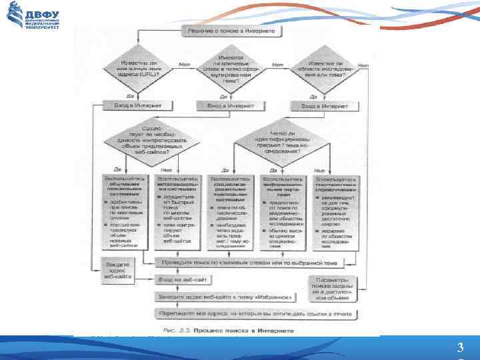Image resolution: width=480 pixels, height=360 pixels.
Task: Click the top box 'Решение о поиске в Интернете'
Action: coord(231,31)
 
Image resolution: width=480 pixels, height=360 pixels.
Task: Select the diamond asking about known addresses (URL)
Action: coord(138,69)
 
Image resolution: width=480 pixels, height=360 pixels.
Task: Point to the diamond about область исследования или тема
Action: coord(325,69)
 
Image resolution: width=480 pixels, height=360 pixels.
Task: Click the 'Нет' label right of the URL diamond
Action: coord(185,64)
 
